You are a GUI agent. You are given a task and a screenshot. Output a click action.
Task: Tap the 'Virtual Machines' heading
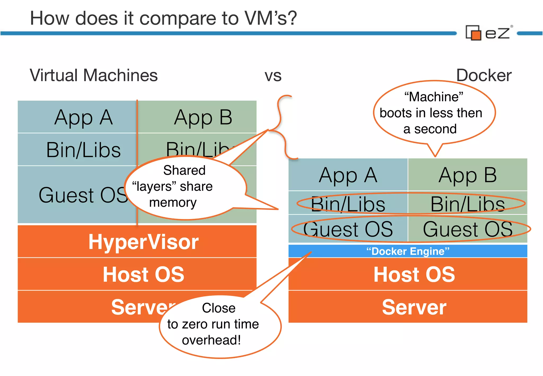pos(94,75)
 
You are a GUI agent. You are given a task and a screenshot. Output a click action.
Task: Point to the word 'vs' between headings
pos(273,76)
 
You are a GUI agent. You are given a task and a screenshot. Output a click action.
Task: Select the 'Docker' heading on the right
pos(483,75)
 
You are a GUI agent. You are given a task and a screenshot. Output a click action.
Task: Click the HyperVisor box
pos(137,242)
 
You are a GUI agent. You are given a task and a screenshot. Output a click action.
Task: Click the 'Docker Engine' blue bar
pos(408,251)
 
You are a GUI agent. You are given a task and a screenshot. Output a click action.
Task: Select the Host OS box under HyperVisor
pos(137,274)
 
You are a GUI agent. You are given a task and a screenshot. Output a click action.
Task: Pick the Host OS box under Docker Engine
pos(408,274)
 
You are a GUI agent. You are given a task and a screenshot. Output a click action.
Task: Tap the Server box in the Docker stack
pos(408,307)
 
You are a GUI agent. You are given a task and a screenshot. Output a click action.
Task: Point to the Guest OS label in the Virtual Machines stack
pos(80,195)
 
